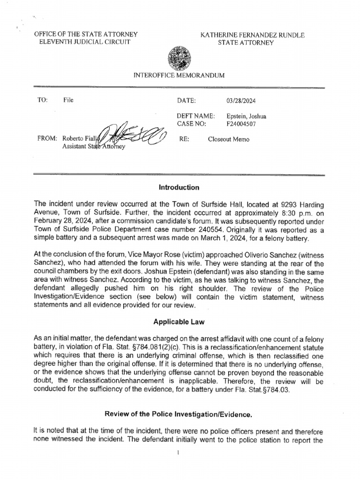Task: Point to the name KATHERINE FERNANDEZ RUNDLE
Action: coord(253,35)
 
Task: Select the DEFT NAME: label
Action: coord(195,116)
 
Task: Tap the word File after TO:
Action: coord(68,100)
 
